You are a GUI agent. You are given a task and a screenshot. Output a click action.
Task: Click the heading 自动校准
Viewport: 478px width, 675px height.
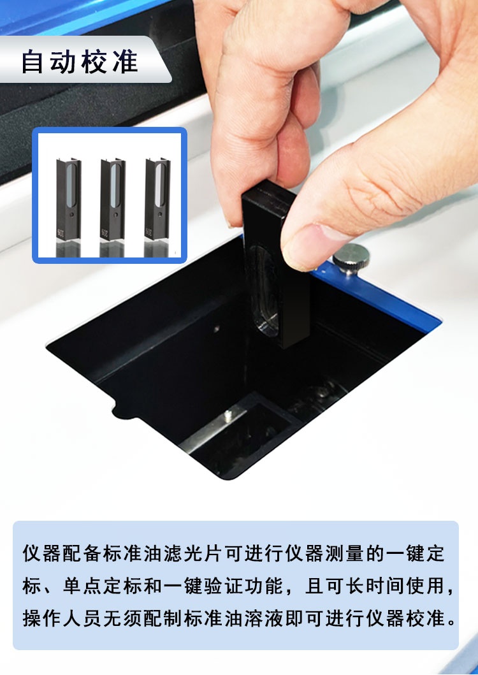[x=80, y=62]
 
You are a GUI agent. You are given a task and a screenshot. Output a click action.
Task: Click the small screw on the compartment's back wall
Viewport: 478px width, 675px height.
[x=217, y=328]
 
